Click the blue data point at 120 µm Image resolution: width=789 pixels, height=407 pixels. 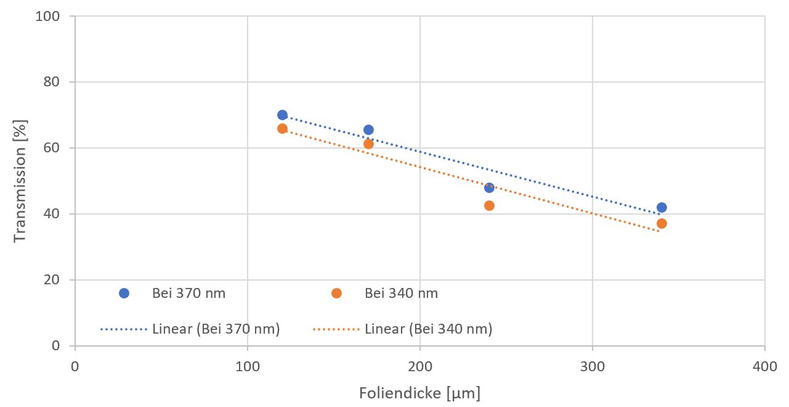(282, 115)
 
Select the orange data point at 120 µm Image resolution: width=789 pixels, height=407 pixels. (282, 128)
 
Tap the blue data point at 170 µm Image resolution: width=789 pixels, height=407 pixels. (368, 129)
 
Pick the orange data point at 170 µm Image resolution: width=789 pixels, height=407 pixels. (368, 144)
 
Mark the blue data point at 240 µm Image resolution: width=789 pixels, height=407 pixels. (489, 187)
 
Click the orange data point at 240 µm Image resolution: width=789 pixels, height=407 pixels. (489, 205)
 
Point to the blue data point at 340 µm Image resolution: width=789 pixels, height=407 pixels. (662, 207)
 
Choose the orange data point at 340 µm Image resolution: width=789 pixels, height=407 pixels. (662, 223)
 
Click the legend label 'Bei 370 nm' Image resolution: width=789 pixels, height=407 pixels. (188, 294)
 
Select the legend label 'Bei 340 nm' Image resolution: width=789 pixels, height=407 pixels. (401, 294)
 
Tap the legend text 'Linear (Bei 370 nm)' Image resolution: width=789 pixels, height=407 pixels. (216, 329)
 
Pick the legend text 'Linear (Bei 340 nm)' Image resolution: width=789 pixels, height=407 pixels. (428, 329)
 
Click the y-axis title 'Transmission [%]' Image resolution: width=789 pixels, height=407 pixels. (20, 181)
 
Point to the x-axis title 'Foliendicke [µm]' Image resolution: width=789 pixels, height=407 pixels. (420, 393)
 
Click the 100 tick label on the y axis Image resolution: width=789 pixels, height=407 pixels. (48, 16)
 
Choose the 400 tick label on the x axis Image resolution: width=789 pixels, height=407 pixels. (765, 366)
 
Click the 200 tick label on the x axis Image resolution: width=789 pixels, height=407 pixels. (420, 366)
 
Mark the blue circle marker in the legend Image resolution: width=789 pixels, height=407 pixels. (124, 294)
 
